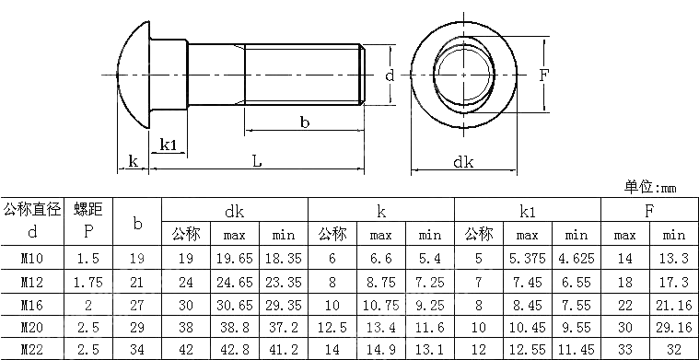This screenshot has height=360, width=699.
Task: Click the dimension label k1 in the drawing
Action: (168, 145)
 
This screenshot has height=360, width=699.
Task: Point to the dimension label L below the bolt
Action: (257, 161)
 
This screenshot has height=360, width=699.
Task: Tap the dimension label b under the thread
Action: (305, 122)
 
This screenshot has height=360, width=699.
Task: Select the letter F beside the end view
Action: (543, 75)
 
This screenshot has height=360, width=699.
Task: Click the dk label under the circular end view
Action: (463, 162)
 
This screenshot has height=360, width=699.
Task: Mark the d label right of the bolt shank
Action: (390, 75)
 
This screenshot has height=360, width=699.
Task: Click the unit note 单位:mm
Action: (650, 188)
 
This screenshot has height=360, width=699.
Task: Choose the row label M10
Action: (32, 258)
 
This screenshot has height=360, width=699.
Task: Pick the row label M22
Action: (32, 349)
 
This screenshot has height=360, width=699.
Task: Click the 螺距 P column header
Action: (88, 220)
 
